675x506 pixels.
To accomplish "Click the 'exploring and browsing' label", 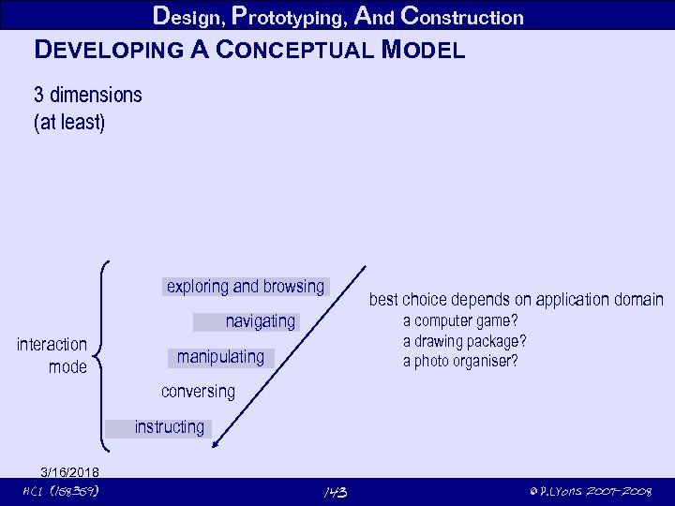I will pyautogui.click(x=245, y=286).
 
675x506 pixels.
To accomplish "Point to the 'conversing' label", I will pyautogui.click(x=198, y=391).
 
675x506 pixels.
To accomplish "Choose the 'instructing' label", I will pyautogui.click(x=169, y=427).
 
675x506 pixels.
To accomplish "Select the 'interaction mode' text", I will pyautogui.click(x=52, y=356).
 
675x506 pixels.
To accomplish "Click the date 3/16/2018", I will pyautogui.click(x=70, y=471).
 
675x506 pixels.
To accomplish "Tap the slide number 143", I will pyautogui.click(x=335, y=492).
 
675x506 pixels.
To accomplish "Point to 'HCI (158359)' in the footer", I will pyautogui.click(x=61, y=492).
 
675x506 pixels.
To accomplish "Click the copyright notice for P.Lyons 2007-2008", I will pyautogui.click(x=591, y=492).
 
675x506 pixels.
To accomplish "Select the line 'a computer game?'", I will pyautogui.click(x=460, y=321).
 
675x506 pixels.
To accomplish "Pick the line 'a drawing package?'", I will pyautogui.click(x=464, y=341).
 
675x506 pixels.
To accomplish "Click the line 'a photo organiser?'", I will pyautogui.click(x=460, y=361).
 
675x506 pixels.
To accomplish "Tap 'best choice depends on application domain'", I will pyautogui.click(x=516, y=300).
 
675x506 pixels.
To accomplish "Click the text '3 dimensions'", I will pyautogui.click(x=88, y=95).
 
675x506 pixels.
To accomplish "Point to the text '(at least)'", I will pyautogui.click(x=69, y=122).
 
